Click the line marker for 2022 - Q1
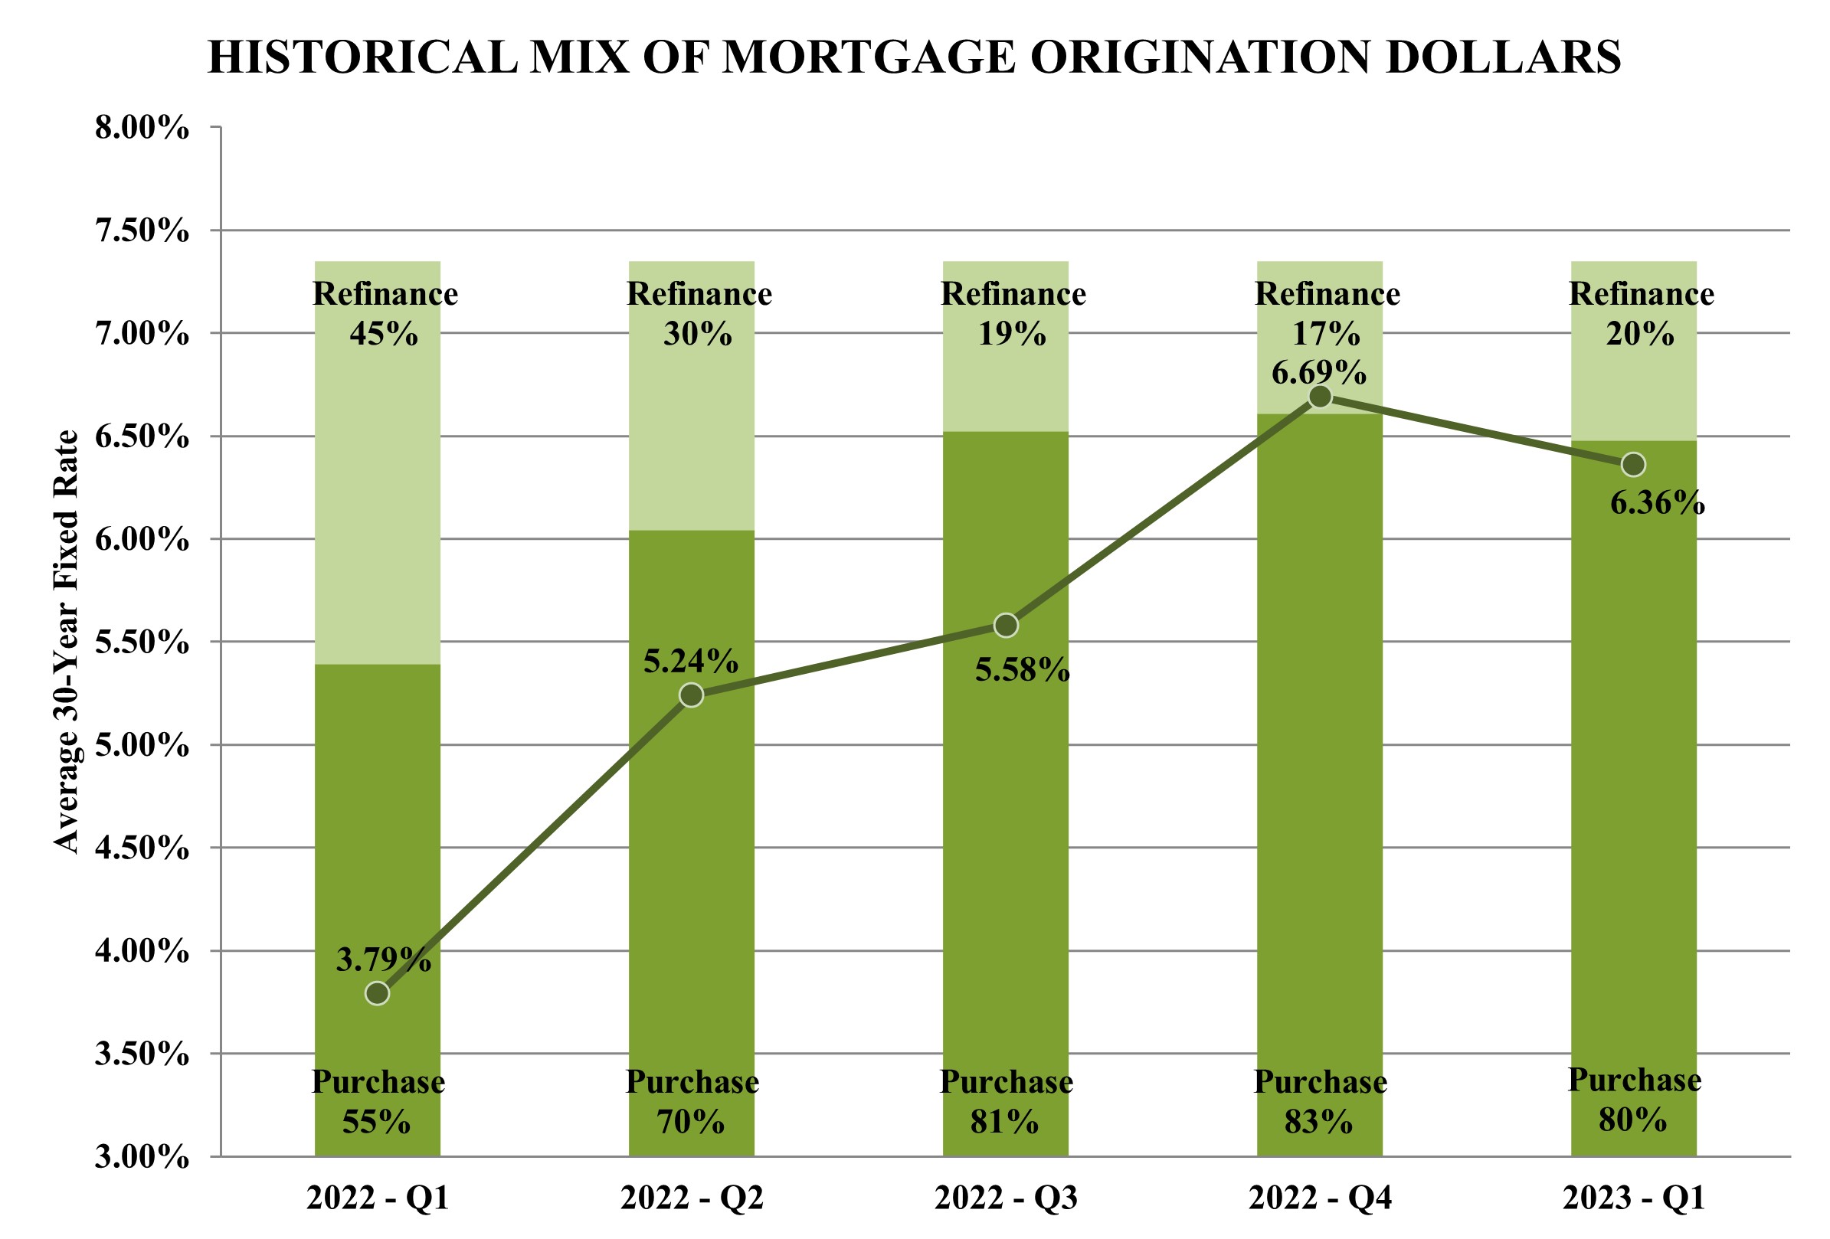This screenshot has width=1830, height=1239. click(x=377, y=993)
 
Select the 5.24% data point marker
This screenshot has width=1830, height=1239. click(x=692, y=695)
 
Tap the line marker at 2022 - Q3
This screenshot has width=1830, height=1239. click(x=1006, y=625)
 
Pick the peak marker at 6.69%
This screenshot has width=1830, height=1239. click(x=1320, y=397)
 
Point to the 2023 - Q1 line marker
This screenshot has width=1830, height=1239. click(x=1633, y=464)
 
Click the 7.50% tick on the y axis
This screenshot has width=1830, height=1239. click(x=142, y=231)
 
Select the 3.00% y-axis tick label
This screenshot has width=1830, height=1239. click(x=142, y=1157)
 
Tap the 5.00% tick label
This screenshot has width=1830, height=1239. click(x=142, y=744)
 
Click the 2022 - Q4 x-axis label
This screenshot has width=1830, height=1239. click(x=1320, y=1199)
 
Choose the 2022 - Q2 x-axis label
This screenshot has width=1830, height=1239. click(x=692, y=1199)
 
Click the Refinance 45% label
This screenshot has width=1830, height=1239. click(x=385, y=313)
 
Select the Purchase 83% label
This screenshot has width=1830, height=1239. click(x=1320, y=1102)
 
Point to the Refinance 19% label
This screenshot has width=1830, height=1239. click(x=1013, y=313)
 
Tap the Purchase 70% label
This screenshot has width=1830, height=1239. click(x=692, y=1102)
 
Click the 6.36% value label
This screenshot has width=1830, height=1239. click(x=1657, y=503)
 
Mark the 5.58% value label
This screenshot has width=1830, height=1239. click(x=1022, y=671)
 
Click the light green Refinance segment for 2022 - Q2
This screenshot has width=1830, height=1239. click(x=692, y=441)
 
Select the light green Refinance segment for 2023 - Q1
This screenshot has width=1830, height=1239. click(x=1633, y=394)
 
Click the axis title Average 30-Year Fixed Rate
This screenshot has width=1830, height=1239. click(x=67, y=641)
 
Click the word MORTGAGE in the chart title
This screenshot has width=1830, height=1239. click(x=869, y=57)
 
